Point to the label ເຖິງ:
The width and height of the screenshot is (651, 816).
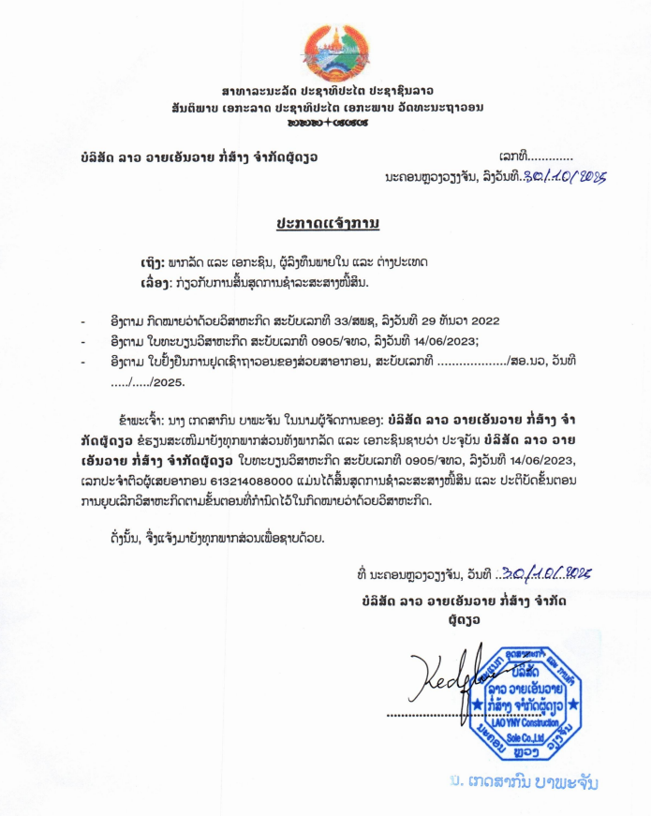click(x=148, y=261)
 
